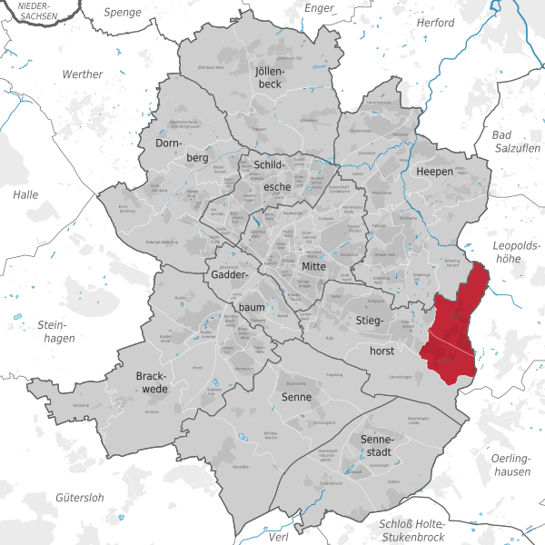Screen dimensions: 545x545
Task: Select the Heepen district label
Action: point(435,172)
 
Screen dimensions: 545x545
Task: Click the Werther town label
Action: point(84,74)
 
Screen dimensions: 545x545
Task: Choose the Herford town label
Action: point(433,22)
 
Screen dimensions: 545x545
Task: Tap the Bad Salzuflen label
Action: point(516,142)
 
